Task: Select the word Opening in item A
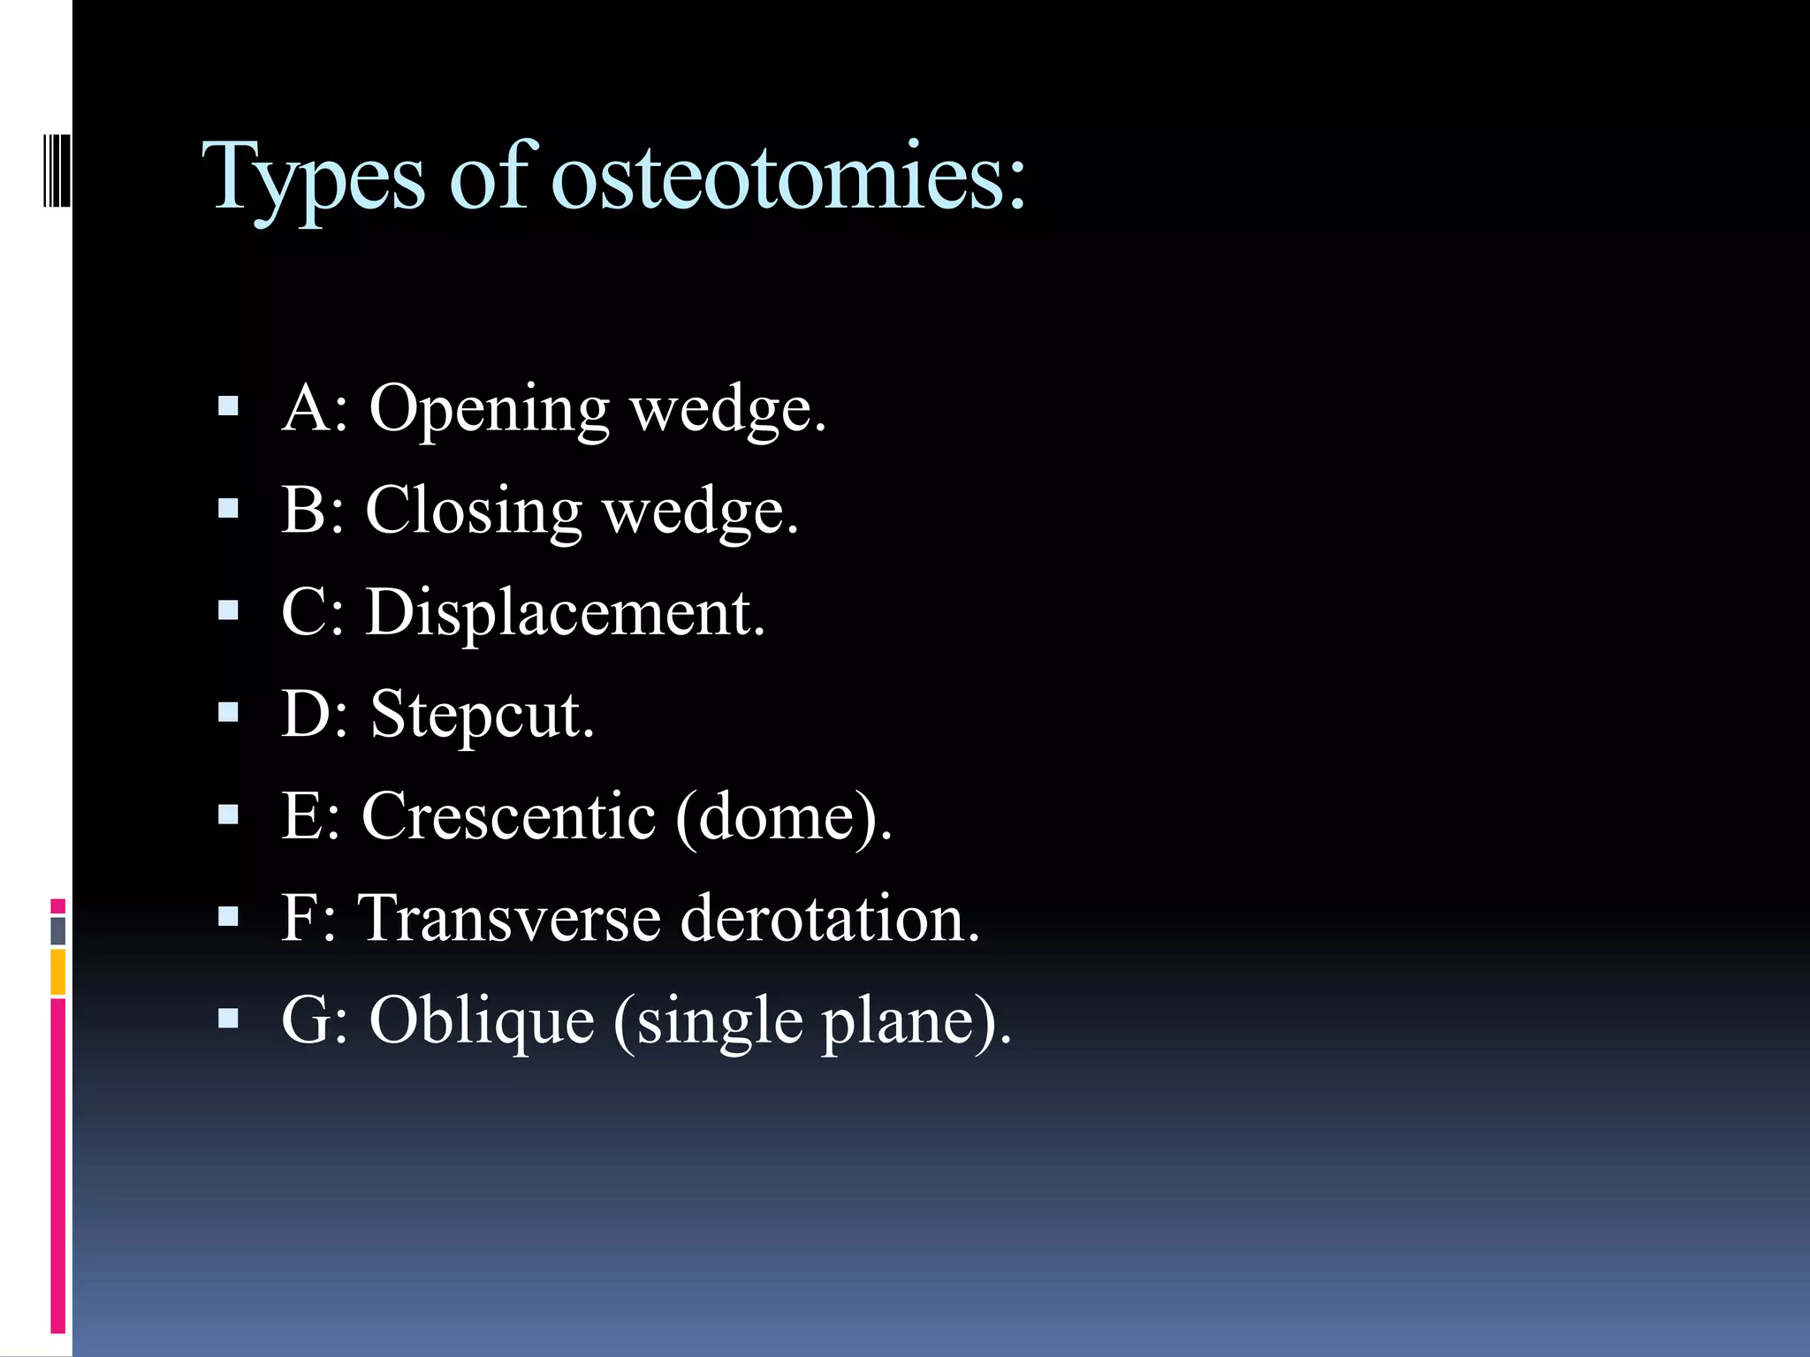pyautogui.click(x=489, y=410)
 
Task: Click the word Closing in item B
pyautogui.click(x=473, y=512)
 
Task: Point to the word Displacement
pyautogui.click(x=565, y=612)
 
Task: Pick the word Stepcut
pyautogui.click(x=482, y=714)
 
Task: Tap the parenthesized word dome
pyautogui.click(x=778, y=817)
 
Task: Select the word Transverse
pyautogui.click(x=508, y=918)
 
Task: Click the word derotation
pyautogui.click(x=829, y=918)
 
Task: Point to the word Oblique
pyautogui.click(x=482, y=1020)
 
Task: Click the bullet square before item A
pyautogui.click(x=228, y=406)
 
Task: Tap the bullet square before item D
pyautogui.click(x=228, y=712)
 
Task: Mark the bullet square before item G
pyautogui.click(x=228, y=1019)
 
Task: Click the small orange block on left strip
pyautogui.click(x=57, y=972)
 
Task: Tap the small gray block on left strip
pyautogui.click(x=57, y=931)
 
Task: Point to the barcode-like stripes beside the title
pyautogui.click(x=57, y=168)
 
